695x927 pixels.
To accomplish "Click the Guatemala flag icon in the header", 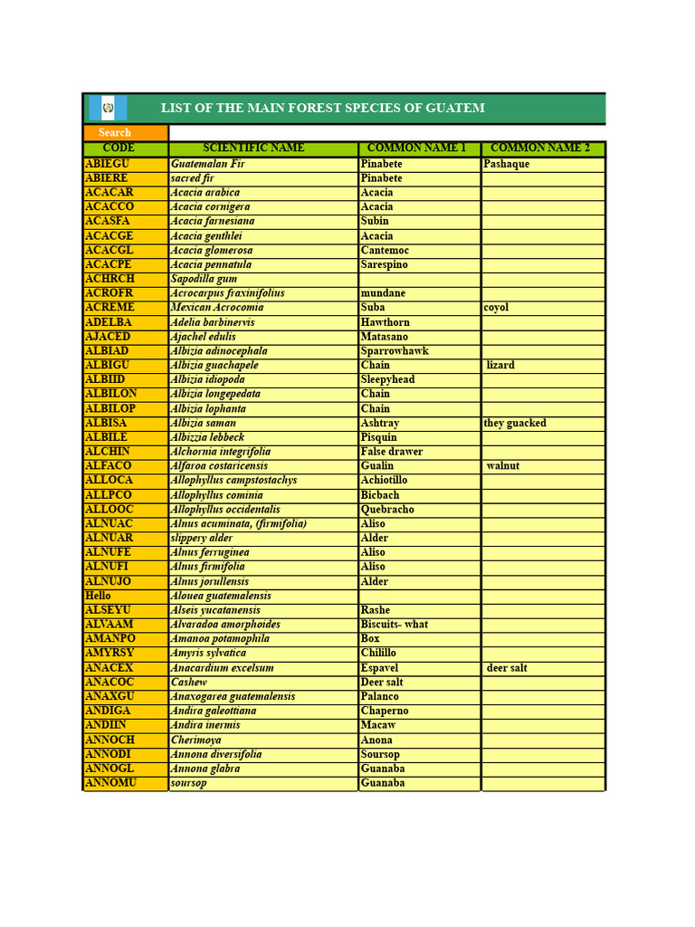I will pos(108,109).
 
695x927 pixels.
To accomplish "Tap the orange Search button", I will pos(115,133).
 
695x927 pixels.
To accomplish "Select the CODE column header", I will pos(119,148).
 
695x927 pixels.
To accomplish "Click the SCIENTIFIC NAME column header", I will pos(253,148).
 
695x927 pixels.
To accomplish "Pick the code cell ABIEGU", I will pos(108,164).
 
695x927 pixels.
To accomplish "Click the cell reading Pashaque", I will pos(507,164).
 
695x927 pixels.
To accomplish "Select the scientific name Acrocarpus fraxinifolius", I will pos(228,293).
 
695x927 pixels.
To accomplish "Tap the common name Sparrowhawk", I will pos(395,351).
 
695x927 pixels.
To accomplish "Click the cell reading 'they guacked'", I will pos(515,423).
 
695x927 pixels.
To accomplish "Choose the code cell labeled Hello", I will pos(98,596).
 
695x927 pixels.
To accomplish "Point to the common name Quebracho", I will pos(387,510).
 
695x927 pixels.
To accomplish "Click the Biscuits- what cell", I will pos(395,625).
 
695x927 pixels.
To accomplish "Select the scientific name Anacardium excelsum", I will pos(223,668).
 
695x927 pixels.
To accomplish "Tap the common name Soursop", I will pos(380,754).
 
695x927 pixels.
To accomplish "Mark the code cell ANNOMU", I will pos(110,783).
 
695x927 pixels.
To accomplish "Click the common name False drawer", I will pos(392,452).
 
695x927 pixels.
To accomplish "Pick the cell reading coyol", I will pos(496,308).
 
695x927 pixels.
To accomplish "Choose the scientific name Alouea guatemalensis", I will pos(221,596).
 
